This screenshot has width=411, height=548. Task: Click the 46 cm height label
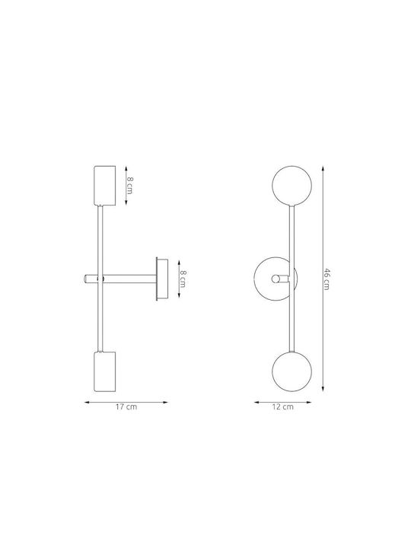click(x=326, y=279)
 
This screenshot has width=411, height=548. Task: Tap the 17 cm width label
click(x=126, y=406)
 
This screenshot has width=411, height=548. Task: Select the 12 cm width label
click(x=282, y=406)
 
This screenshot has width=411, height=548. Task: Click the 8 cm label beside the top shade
click(x=129, y=185)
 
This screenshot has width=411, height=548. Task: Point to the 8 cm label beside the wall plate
click(x=183, y=279)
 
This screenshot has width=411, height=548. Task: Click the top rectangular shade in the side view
click(x=105, y=185)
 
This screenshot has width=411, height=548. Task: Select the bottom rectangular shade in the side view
click(x=105, y=371)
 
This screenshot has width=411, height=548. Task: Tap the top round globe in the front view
click(x=292, y=185)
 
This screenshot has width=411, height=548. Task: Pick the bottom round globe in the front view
click(x=292, y=371)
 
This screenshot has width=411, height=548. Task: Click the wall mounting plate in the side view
click(x=162, y=279)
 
